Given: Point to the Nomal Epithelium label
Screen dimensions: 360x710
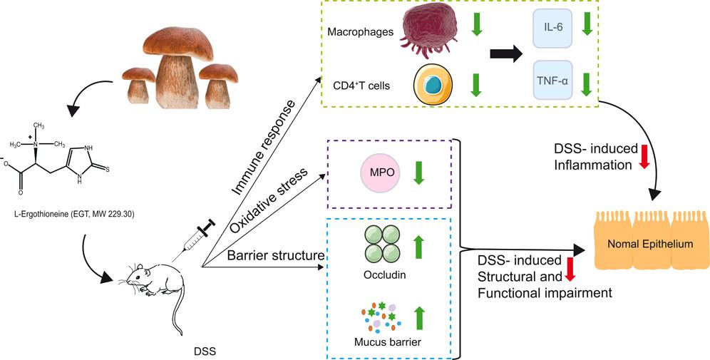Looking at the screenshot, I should pos(650,244).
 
